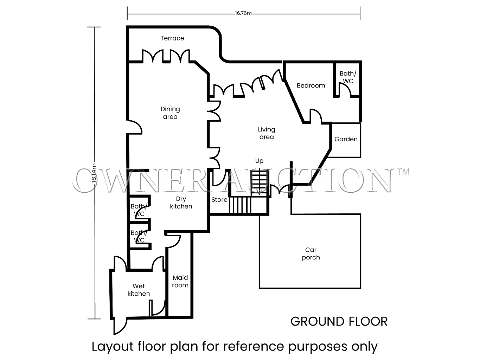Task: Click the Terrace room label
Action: (172, 38)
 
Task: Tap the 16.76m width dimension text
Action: (243, 13)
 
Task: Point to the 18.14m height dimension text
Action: (94, 173)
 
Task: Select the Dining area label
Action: (170, 113)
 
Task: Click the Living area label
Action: (267, 133)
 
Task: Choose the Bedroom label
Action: (311, 85)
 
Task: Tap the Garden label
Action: (346, 139)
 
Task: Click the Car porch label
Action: (311, 253)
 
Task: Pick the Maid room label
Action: (180, 281)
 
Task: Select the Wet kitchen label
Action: (139, 290)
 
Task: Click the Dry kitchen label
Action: (181, 202)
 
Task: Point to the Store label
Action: (219, 200)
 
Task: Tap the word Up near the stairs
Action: (260, 161)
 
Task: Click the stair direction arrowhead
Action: (260, 192)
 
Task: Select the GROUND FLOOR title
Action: (339, 322)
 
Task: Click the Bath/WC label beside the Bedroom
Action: (348, 77)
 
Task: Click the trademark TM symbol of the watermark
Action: (403, 172)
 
